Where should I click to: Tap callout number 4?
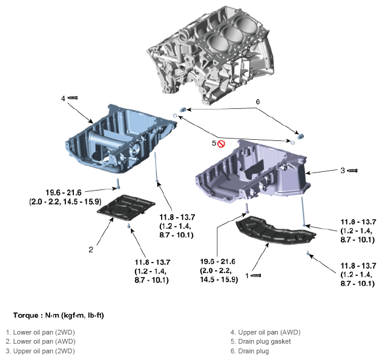63,98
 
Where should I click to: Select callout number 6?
257,102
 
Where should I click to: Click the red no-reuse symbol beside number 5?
222,143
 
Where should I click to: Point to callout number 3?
342,171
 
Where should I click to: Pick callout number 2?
90,249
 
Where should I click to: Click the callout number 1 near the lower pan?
247,275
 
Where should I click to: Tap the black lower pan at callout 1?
272,233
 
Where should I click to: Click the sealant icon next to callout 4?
73,97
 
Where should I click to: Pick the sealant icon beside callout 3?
352,171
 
